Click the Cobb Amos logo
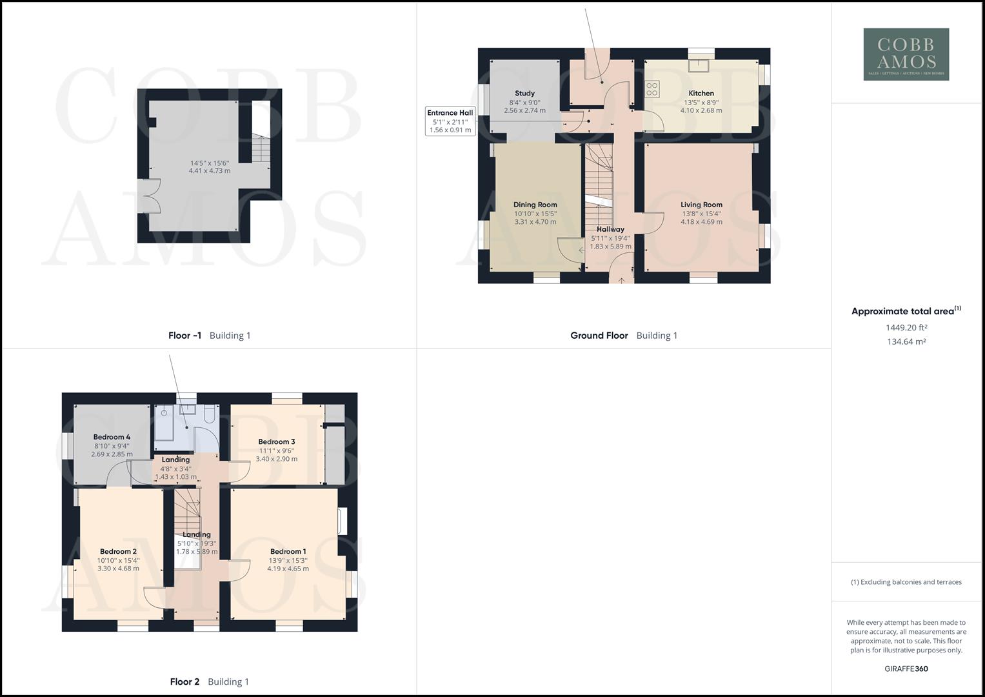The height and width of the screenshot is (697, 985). (906, 54)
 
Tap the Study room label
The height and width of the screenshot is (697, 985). (524, 93)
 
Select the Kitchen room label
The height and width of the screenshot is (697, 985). (701, 93)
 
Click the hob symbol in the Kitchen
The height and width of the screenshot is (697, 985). (652, 88)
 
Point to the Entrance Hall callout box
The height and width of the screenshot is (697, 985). (450, 121)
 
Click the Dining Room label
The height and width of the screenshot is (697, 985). (535, 205)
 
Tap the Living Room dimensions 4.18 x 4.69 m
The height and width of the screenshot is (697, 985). (701, 222)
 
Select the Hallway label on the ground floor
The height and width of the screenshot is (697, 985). (610, 229)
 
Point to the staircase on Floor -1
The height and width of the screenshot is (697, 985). (260, 152)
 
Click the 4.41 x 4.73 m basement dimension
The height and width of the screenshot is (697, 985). (209, 171)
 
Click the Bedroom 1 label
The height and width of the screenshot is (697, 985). (288, 551)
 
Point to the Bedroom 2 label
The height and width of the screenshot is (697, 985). (117, 551)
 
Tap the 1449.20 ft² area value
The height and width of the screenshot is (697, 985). (906, 327)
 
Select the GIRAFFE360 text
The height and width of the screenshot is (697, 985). (906, 669)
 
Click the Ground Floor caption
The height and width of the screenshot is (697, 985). (599, 336)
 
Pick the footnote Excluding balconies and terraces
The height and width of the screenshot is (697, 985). (906, 582)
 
